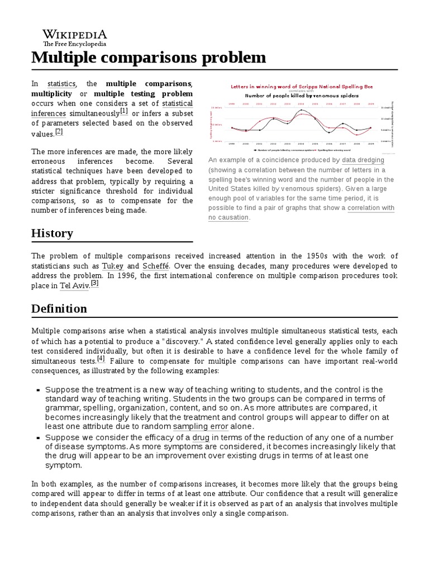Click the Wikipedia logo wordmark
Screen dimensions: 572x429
click(75, 34)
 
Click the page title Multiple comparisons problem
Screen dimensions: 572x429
click(149, 58)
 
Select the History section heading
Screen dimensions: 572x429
click(52, 233)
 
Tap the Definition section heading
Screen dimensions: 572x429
click(59, 308)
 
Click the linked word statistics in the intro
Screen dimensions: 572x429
click(61, 83)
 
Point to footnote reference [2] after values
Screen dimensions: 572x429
click(59, 132)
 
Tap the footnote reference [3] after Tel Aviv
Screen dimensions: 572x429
click(95, 283)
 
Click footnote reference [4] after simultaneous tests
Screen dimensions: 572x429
click(101, 359)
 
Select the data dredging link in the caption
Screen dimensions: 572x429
click(363, 160)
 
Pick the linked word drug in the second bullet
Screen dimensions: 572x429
click(200, 437)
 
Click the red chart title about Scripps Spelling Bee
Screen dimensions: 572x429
click(302, 87)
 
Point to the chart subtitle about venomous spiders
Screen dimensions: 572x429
click(302, 96)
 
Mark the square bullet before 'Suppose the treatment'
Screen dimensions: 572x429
click(38, 390)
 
